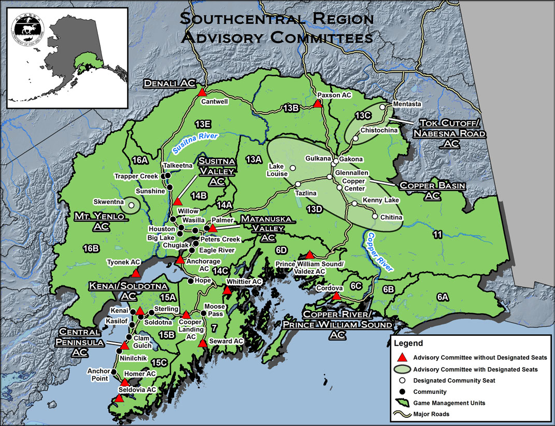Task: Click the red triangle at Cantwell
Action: tap(202, 92)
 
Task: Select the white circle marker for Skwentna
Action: tap(131, 205)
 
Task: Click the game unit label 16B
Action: tap(91, 249)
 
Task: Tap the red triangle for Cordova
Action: tap(336, 296)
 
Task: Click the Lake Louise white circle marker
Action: tap(292, 168)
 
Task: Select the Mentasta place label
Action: tap(407, 104)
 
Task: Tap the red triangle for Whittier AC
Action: tap(226, 291)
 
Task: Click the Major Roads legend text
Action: tap(431, 414)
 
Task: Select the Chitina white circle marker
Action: tap(374, 216)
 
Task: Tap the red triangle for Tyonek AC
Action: tap(136, 273)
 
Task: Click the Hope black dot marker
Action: tap(190, 281)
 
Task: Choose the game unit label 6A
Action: tap(442, 297)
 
